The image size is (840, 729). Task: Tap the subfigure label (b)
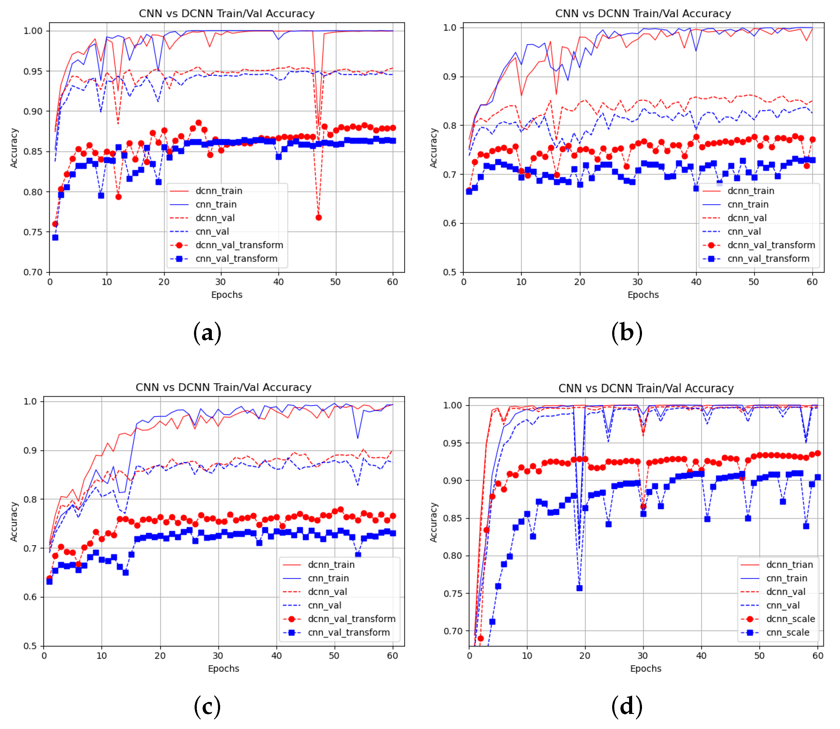pyautogui.click(x=627, y=332)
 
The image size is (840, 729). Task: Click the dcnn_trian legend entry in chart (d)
pyautogui.click(x=789, y=565)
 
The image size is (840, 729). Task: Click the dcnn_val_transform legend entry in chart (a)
pyautogui.click(x=239, y=245)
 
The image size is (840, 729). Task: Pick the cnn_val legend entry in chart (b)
pyautogui.click(x=744, y=231)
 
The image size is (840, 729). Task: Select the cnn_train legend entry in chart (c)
pyautogui.click(x=328, y=578)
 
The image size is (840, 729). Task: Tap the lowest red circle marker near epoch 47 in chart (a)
pyautogui.click(x=319, y=218)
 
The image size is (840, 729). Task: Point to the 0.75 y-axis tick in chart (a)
pyautogui.click(x=33, y=232)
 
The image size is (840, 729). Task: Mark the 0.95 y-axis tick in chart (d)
pyautogui.click(x=452, y=443)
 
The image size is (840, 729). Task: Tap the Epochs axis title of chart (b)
pyautogui.click(x=643, y=295)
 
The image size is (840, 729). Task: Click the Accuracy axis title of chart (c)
pyautogui.click(x=14, y=522)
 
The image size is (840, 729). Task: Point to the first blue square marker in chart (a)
pyautogui.click(x=55, y=237)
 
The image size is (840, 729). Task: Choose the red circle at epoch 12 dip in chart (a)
pyautogui.click(x=118, y=197)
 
